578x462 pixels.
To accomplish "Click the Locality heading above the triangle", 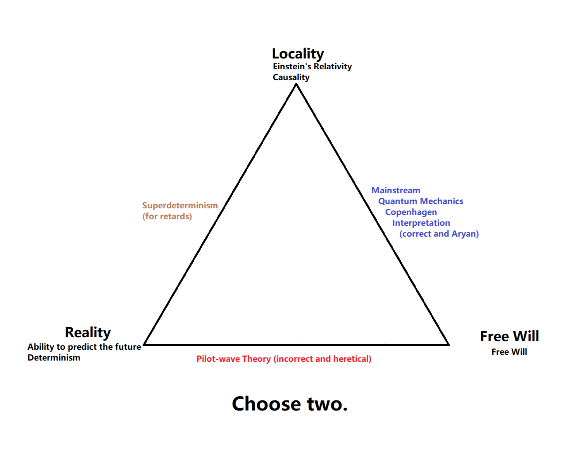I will (x=298, y=54).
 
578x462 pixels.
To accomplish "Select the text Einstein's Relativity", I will (x=312, y=67).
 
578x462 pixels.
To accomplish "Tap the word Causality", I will (x=291, y=77).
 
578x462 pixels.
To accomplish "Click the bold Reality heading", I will (x=88, y=333).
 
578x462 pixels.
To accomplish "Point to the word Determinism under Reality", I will (x=54, y=358).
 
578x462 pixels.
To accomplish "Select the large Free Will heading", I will (x=509, y=336).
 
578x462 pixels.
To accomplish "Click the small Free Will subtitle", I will (x=509, y=352).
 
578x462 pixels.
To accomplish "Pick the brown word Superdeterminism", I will (x=180, y=206).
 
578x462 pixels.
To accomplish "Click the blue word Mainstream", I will (x=396, y=191).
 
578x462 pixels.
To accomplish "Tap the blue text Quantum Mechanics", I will (x=421, y=201).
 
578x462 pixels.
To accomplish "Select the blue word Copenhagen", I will (x=411, y=212).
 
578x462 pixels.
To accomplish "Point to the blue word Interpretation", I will (x=421, y=223).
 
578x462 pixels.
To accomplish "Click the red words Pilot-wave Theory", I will (x=233, y=359).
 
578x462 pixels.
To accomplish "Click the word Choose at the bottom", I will (x=266, y=404).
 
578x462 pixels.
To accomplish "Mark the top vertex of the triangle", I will (x=296, y=84).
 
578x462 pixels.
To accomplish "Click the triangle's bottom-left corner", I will (x=144, y=344).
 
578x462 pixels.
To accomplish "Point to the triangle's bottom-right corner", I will (x=449, y=344).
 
